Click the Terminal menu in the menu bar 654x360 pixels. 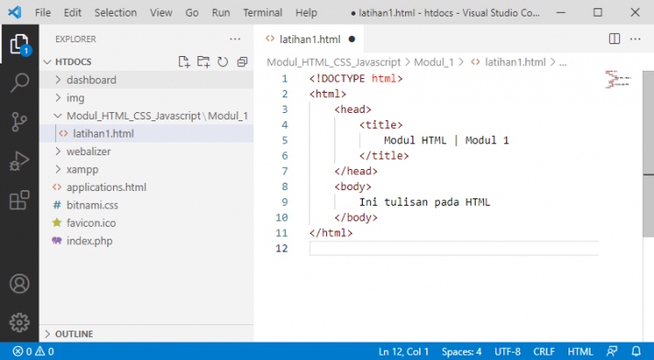click(x=263, y=14)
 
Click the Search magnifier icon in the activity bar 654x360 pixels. click(x=19, y=83)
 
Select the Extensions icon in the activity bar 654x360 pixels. click(x=19, y=200)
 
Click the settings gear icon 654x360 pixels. click(x=19, y=322)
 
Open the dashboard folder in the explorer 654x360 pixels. click(x=91, y=80)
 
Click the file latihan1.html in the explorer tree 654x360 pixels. click(x=102, y=133)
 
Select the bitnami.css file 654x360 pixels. click(x=93, y=205)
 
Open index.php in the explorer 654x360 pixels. click(x=89, y=241)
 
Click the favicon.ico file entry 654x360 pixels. click(x=90, y=222)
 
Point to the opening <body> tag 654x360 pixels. click(x=353, y=186)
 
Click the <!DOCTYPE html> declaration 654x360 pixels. click(x=355, y=79)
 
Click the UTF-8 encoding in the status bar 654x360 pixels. click(x=507, y=352)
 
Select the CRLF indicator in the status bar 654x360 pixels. click(x=544, y=352)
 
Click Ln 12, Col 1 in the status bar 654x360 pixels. click(x=403, y=352)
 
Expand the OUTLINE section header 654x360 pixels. click(x=73, y=333)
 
